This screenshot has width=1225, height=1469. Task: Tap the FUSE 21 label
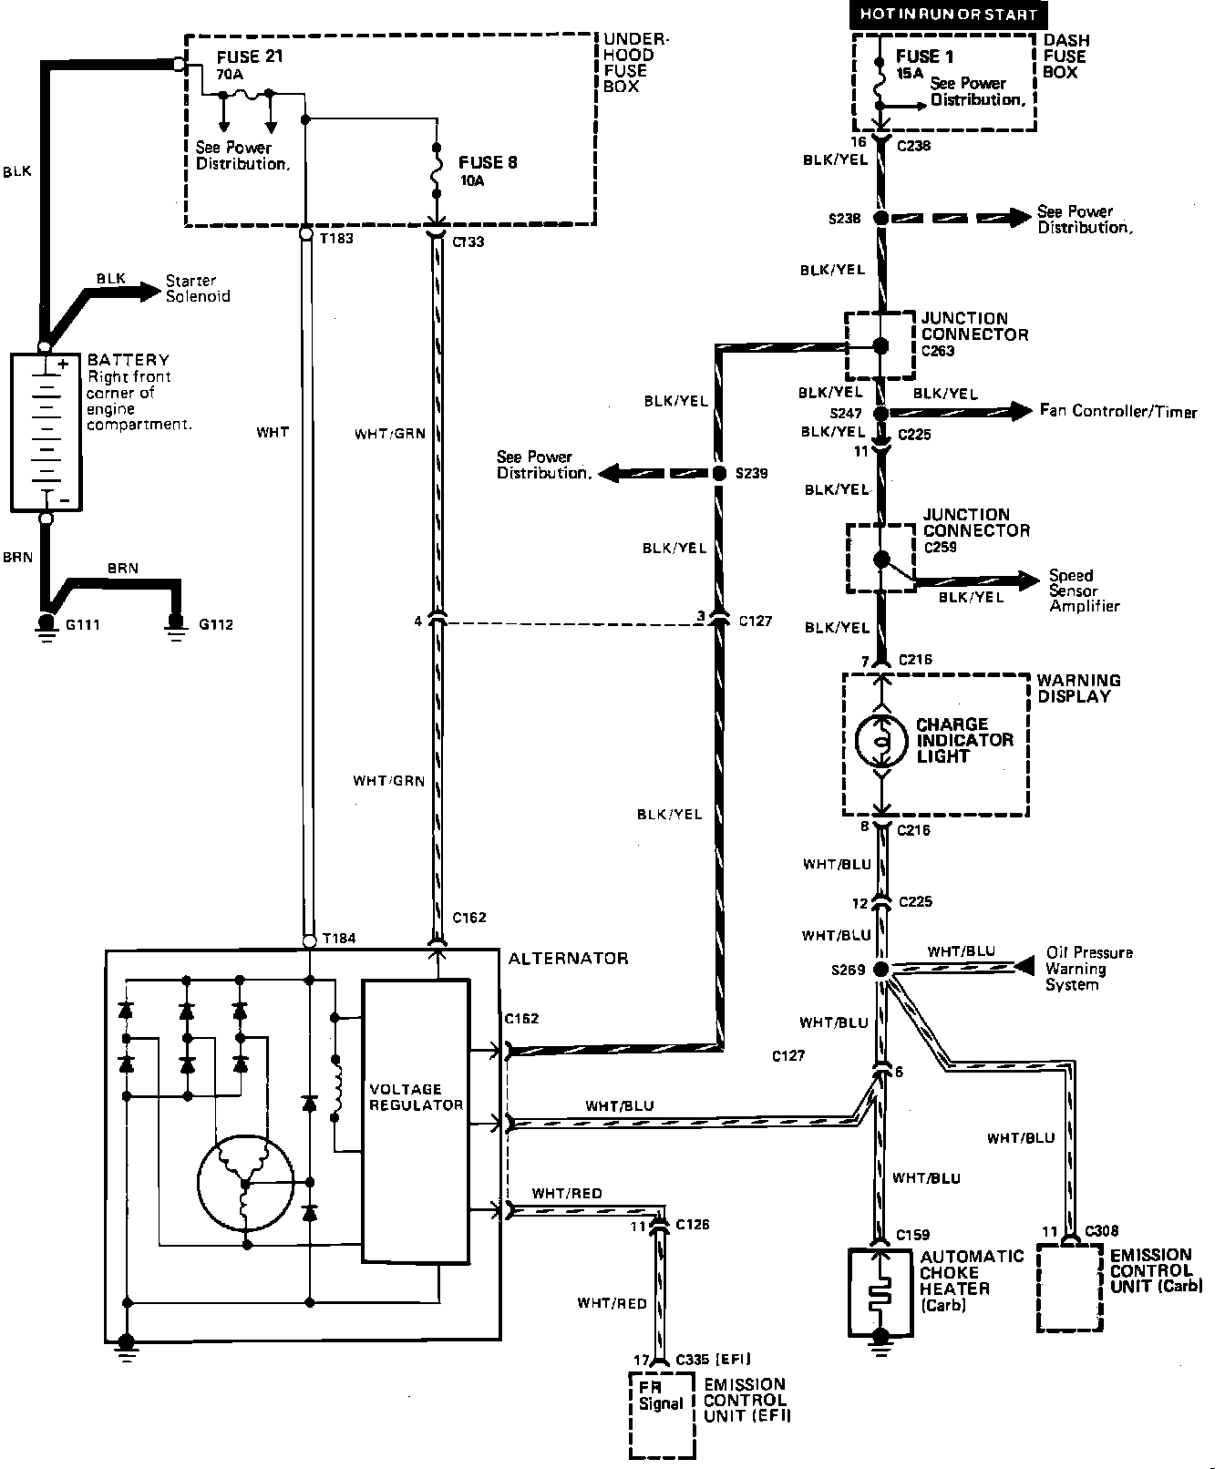(250, 56)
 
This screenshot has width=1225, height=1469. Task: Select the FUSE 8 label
(489, 162)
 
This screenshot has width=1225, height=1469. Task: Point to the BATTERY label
(129, 360)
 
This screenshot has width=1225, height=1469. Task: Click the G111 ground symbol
(44, 625)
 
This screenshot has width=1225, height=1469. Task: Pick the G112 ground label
(216, 625)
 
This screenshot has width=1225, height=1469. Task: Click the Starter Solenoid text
(197, 288)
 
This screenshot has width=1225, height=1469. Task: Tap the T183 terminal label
(337, 239)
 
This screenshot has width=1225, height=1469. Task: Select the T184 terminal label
(338, 938)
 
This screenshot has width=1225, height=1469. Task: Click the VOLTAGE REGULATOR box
(416, 1120)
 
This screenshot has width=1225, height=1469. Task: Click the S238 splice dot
(880, 219)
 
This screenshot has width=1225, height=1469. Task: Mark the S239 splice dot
(717, 474)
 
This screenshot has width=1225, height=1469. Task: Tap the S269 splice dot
(881, 970)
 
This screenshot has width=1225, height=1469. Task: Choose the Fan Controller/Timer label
(1117, 411)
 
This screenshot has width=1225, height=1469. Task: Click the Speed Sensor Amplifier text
(1082, 591)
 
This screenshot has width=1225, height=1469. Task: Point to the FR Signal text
(660, 1395)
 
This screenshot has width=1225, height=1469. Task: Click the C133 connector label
(468, 241)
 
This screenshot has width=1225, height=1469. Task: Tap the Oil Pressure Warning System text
(1088, 968)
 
